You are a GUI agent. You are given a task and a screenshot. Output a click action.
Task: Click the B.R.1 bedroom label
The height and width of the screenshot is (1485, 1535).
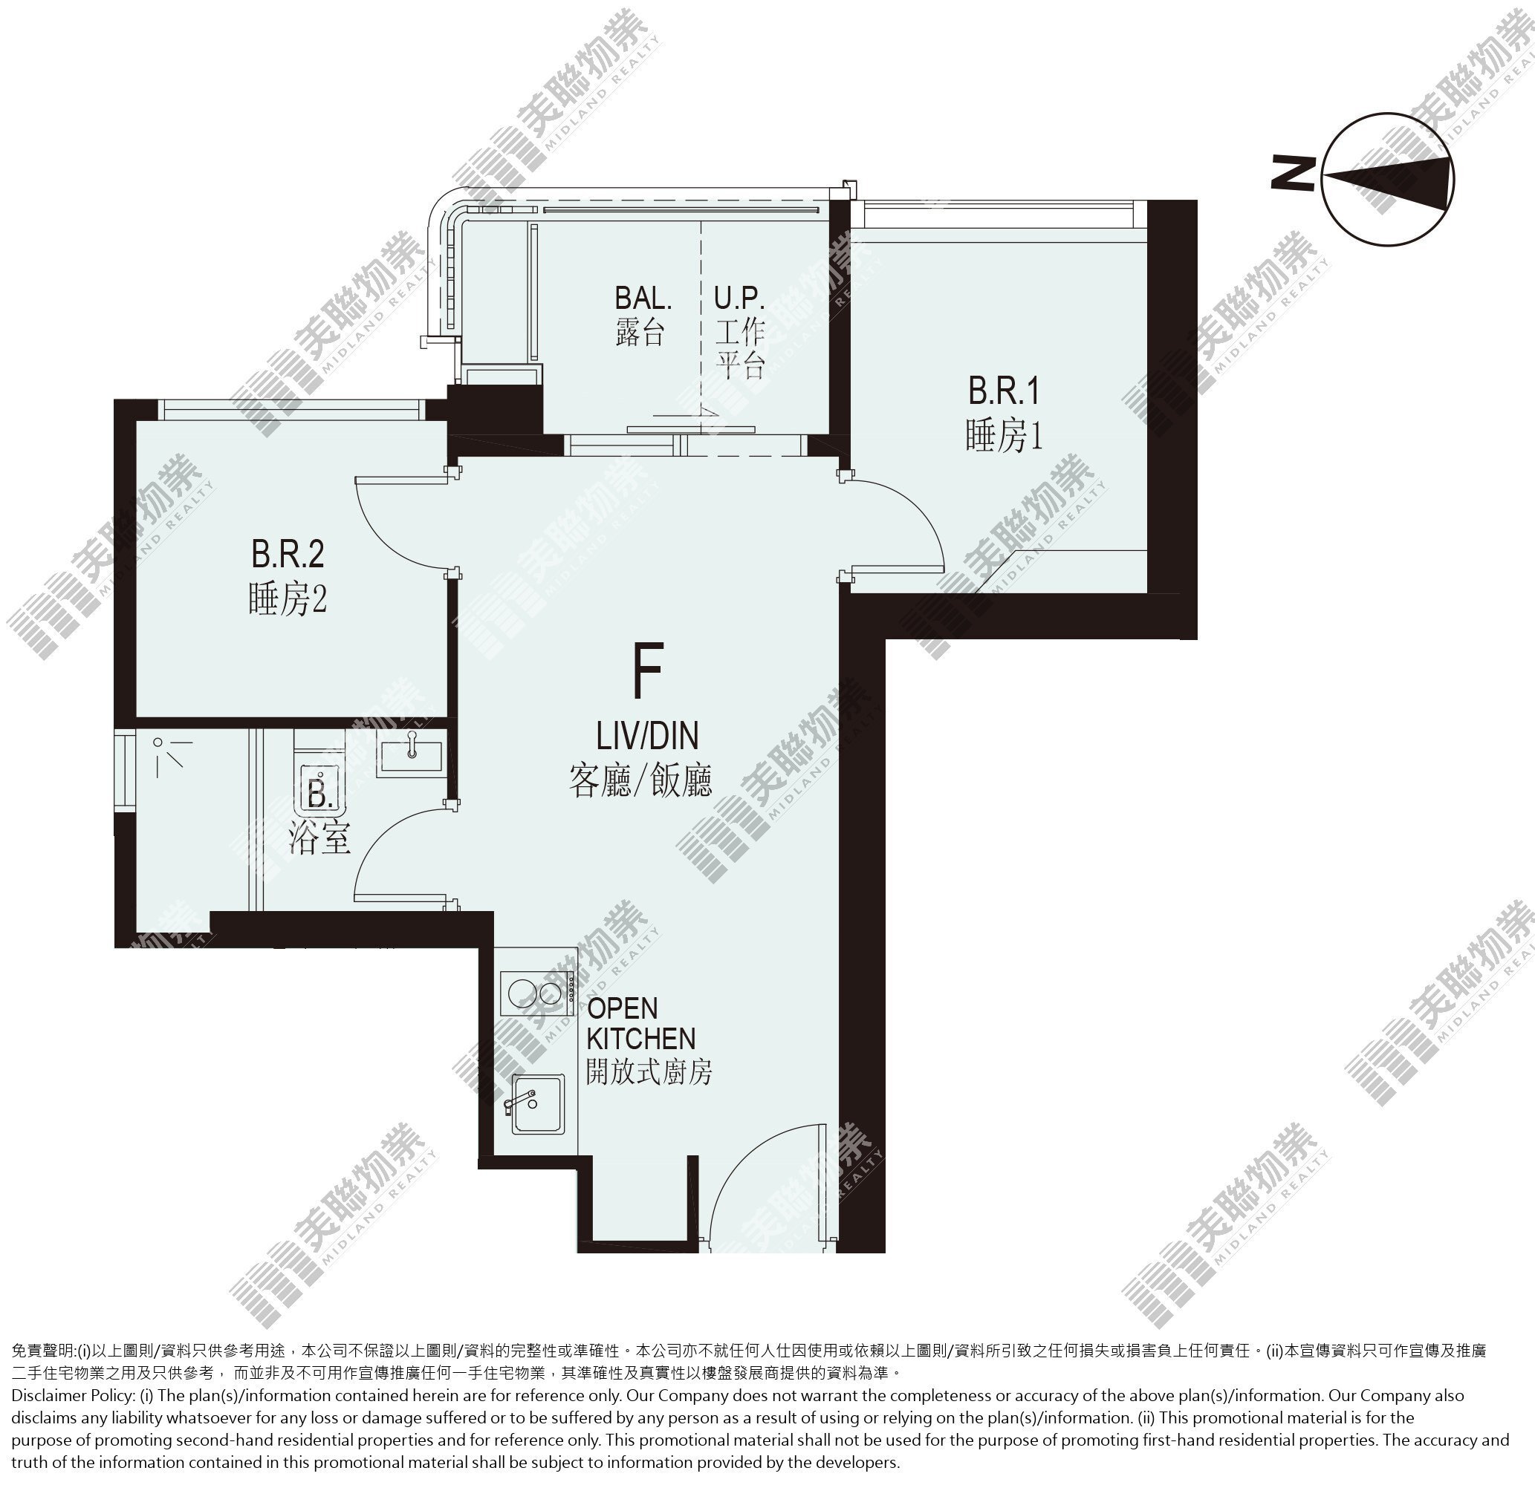(1004, 391)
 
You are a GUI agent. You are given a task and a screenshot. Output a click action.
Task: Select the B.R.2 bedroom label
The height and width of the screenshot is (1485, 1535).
(288, 554)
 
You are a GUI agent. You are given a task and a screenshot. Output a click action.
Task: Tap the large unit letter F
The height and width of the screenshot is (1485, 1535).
(648, 671)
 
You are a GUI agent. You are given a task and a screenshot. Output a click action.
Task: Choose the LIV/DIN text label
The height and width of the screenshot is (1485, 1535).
(647, 737)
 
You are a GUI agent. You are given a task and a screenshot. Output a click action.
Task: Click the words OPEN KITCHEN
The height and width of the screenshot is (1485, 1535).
(640, 1023)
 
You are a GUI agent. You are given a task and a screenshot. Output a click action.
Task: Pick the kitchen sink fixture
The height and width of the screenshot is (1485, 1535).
(537, 1104)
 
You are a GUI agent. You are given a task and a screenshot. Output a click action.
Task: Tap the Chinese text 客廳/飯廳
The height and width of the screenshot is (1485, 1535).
(640, 780)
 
